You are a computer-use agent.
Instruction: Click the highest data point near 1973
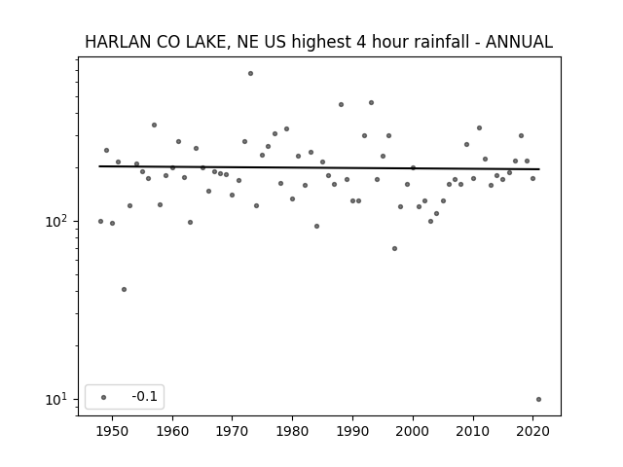click(250, 74)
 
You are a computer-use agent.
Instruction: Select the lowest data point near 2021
click(538, 400)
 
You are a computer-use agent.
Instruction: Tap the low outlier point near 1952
click(124, 290)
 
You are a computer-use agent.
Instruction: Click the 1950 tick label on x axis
click(113, 431)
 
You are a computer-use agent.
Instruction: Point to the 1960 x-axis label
click(172, 431)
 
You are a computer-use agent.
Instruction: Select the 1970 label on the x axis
click(232, 431)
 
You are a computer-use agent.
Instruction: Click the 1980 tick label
click(292, 431)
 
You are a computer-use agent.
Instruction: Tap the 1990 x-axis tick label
click(352, 431)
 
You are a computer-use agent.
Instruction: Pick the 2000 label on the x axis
click(413, 431)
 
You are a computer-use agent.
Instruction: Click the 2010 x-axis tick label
click(473, 431)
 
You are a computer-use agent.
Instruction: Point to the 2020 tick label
click(532, 431)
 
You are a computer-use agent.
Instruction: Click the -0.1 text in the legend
click(145, 396)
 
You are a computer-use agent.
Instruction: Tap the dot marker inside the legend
click(104, 397)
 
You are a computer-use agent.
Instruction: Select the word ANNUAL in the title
click(519, 42)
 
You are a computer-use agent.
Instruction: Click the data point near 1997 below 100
click(394, 249)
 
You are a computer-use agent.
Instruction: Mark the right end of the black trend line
click(539, 169)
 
